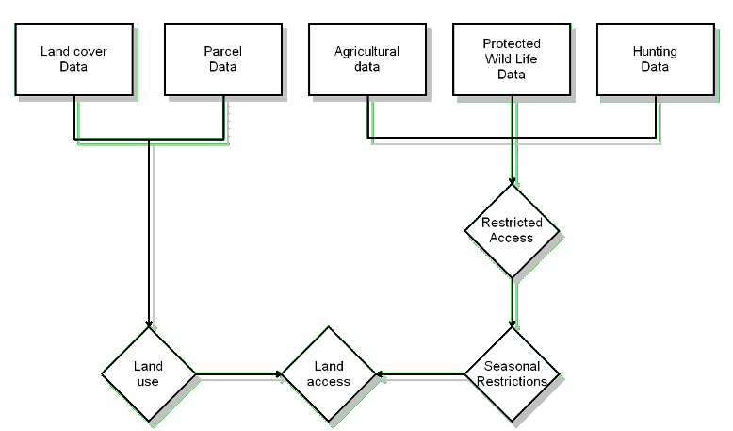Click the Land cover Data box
73,58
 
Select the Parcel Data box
222,58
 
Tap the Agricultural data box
366,58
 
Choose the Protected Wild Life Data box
511,58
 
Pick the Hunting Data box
655,58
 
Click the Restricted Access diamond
512,230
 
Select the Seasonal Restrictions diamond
512,374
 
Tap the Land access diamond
329,374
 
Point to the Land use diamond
148,374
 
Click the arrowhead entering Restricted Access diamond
512,181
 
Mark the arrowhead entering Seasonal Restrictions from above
512,324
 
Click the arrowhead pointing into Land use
148,325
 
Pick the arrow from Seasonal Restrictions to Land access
421,374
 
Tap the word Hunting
655,52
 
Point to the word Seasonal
512,367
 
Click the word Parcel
222,52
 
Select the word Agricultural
366,52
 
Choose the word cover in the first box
88,52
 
